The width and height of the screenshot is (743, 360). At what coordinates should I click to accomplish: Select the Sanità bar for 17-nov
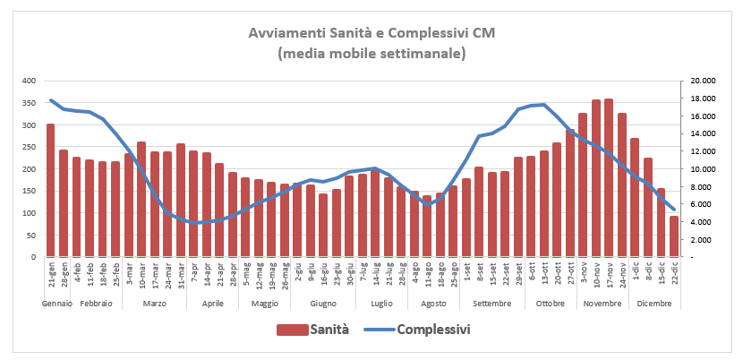pyautogui.click(x=609, y=178)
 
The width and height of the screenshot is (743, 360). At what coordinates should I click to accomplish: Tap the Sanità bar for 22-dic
pyautogui.click(x=673, y=236)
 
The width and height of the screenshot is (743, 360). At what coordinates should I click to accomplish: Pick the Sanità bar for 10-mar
pyautogui.click(x=141, y=200)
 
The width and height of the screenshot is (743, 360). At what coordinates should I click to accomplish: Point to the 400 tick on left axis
pyautogui.click(x=27, y=81)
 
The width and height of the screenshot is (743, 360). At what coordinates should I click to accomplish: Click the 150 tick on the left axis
pyautogui.click(x=27, y=191)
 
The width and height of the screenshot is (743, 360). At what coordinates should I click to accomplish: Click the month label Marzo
pyautogui.click(x=154, y=304)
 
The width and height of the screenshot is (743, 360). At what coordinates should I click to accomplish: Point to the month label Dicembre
pyautogui.click(x=654, y=304)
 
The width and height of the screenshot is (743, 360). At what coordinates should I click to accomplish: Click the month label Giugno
pyautogui.click(x=323, y=304)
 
